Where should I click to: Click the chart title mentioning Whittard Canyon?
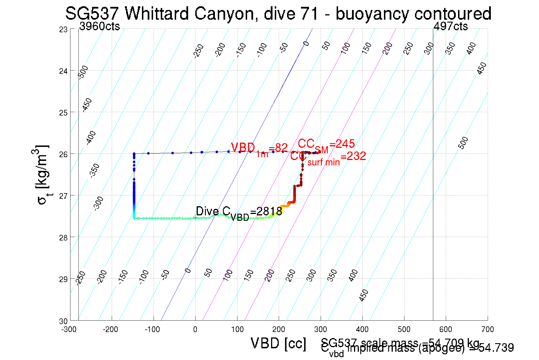point(278,13)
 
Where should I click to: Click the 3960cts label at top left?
point(99,27)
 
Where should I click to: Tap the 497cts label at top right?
point(450,27)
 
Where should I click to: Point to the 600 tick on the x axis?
point(446,329)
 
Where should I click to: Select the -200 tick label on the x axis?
point(110,329)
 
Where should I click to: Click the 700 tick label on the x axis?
point(487,329)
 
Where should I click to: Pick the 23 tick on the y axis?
point(63,30)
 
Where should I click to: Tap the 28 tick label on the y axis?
point(63,238)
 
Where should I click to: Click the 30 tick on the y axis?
point(63,321)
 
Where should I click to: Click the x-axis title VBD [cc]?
point(278,343)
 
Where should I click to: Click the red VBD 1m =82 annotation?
point(259,149)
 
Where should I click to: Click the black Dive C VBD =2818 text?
point(239,213)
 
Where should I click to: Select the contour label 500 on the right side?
point(463,143)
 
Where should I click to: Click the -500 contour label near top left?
point(83,72)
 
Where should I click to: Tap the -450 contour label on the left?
point(87,105)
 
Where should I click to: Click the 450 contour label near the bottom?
point(364,295)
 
